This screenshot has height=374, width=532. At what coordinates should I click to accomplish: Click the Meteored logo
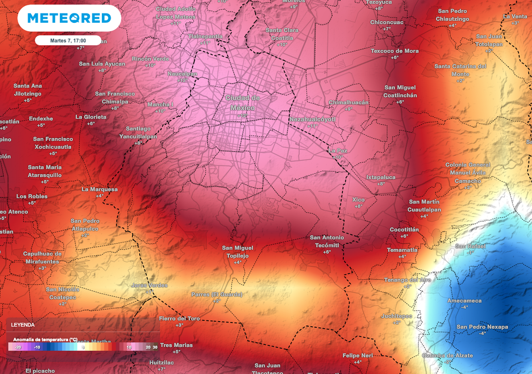[x=69, y=19]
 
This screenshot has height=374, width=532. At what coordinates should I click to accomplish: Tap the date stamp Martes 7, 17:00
[x=68, y=40]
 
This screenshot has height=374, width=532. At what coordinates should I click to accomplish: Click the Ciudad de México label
[x=243, y=103]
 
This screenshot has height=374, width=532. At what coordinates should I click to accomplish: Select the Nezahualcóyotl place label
[x=312, y=119]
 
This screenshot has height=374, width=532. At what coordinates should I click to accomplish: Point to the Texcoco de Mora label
[x=394, y=51]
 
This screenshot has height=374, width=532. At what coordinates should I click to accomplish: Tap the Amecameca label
[x=464, y=301]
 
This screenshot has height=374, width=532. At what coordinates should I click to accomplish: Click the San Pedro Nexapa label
[x=482, y=327]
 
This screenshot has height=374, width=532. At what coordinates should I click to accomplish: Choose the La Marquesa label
[x=99, y=190]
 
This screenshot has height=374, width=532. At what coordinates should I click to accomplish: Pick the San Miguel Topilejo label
[x=237, y=251]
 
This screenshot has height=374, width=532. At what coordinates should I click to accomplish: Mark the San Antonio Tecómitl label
[x=327, y=241]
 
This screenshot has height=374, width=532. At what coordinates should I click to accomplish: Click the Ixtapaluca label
[x=381, y=177]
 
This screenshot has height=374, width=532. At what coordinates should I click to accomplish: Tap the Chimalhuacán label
[x=349, y=102]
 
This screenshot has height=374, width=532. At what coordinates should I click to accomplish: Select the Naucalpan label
[x=182, y=74]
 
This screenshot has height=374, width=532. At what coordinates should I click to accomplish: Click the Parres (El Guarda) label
[x=217, y=295]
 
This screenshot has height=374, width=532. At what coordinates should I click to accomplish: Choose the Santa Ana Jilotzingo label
[x=28, y=89]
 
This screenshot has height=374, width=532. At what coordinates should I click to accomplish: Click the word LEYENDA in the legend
[x=22, y=325]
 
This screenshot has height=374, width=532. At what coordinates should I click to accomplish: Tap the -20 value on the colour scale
[x=18, y=347]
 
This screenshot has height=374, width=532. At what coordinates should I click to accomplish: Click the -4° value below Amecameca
[x=464, y=307]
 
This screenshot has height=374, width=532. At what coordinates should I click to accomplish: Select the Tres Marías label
[x=176, y=345]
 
